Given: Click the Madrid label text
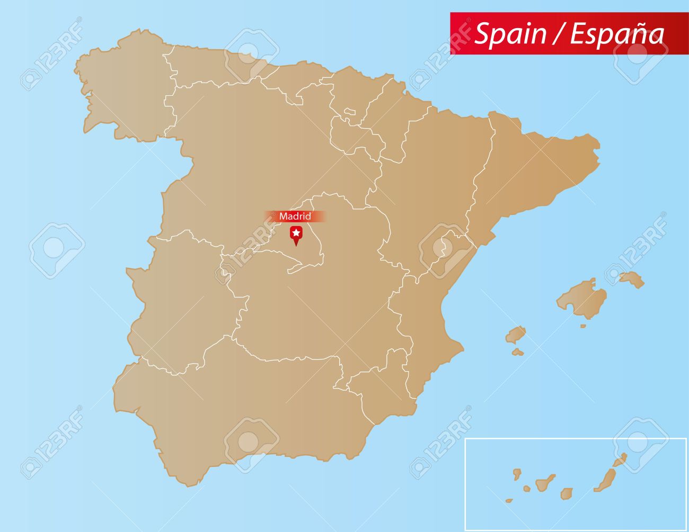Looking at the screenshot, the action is pyautogui.click(x=295, y=216).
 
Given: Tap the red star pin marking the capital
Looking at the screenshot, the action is pyautogui.click(x=296, y=233).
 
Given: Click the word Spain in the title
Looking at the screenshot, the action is pyautogui.click(x=510, y=33).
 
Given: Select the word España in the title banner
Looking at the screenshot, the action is pyautogui.click(x=617, y=34).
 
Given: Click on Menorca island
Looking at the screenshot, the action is pyautogui.click(x=631, y=278).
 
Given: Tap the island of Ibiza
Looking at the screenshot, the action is pyautogui.click(x=515, y=335).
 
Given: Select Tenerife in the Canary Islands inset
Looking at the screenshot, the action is pyautogui.click(x=544, y=483).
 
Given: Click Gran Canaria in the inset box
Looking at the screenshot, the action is pyautogui.click(x=567, y=493).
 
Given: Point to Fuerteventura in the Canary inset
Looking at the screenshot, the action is pyautogui.click(x=604, y=480).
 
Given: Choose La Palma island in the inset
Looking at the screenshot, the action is pyautogui.click(x=516, y=473).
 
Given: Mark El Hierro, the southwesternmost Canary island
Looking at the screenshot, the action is pyautogui.click(x=509, y=500).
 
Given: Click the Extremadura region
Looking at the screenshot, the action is pyautogui.click(x=180, y=296).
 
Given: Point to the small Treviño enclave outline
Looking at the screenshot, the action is pyautogui.click(x=350, y=112).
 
